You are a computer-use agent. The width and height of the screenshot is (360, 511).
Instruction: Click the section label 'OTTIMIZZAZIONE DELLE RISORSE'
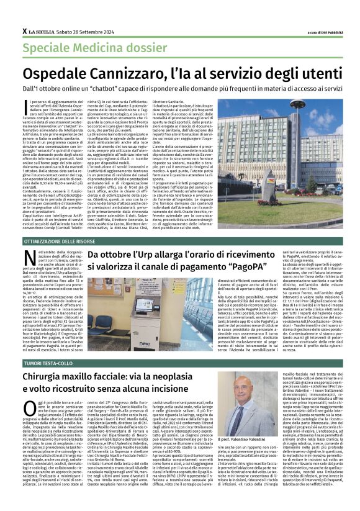coord(61,240)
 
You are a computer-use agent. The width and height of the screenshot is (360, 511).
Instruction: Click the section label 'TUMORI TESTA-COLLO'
coord(47,362)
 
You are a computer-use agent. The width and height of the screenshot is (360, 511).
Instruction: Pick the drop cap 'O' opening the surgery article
coord(29,407)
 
